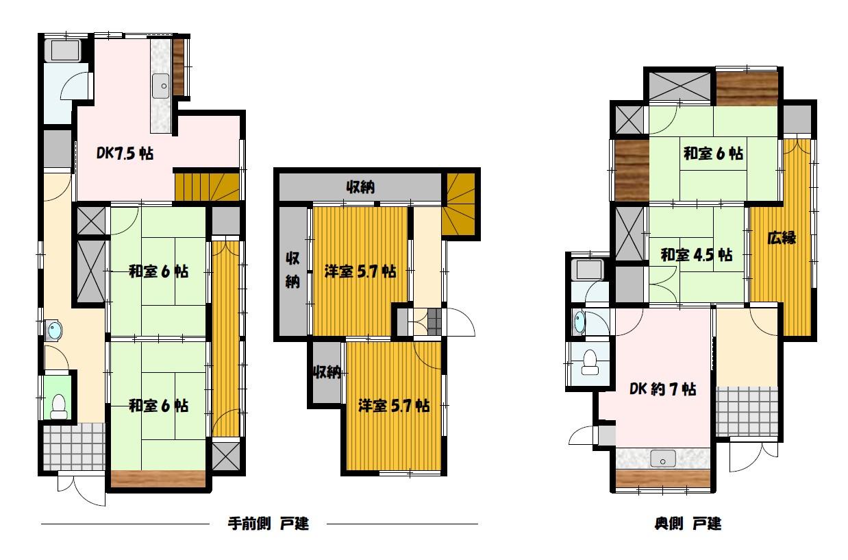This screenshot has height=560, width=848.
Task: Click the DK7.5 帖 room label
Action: pos(125,154)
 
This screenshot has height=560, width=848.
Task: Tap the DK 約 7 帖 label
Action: pos(662,389)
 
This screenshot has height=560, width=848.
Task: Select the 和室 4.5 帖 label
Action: pos(697,254)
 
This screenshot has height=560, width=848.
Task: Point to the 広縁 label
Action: pos(782,238)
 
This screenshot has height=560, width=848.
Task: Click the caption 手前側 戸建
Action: pos(269,524)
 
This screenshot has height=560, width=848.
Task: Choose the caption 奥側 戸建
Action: pos(688,524)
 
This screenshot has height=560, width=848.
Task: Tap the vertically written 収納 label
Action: pos(292,270)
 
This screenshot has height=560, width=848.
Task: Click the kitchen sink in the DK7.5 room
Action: pos(161,86)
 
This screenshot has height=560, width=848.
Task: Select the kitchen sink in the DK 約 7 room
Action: pos(663,459)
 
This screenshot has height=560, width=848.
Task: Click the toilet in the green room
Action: pos(59,407)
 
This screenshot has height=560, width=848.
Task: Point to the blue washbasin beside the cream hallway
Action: pos(53,331)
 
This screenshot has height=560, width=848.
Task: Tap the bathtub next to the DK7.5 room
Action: pos(63,49)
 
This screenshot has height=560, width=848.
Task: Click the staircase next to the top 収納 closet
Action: pos(458,204)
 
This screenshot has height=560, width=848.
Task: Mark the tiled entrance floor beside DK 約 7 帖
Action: pos(747,411)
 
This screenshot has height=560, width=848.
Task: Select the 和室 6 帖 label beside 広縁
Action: pos(713,154)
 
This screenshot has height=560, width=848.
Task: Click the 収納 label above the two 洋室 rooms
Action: pos(360,187)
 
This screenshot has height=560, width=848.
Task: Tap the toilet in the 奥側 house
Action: pos(590,363)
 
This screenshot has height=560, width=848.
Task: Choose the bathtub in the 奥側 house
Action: pos(587,271)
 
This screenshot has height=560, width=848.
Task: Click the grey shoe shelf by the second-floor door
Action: pos(434,321)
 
